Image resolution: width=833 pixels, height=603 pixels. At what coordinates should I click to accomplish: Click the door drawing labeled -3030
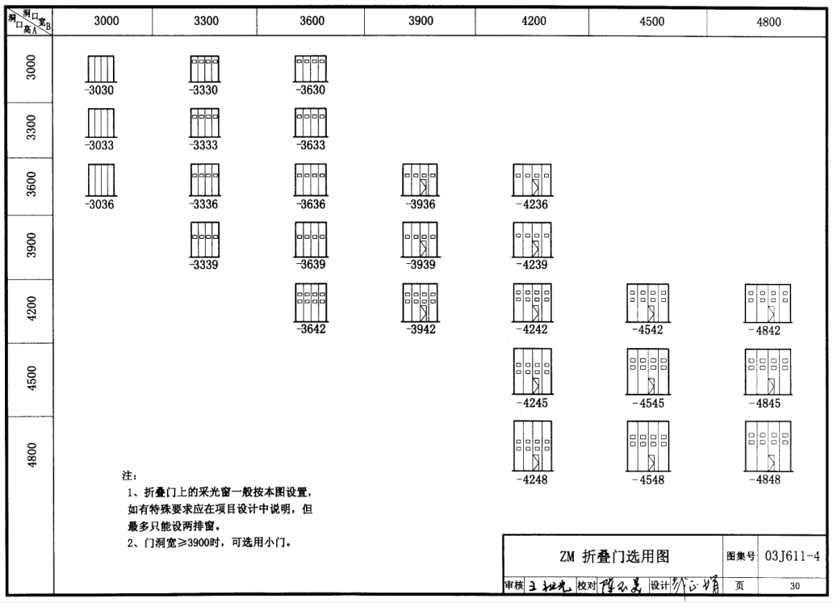click(x=101, y=69)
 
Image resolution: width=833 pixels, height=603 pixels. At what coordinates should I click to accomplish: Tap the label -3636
click(x=311, y=204)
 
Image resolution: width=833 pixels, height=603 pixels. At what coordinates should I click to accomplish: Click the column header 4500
click(x=651, y=22)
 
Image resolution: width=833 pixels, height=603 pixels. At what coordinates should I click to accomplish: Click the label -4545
click(x=650, y=403)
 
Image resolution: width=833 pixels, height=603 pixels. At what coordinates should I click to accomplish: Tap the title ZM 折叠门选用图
click(x=615, y=555)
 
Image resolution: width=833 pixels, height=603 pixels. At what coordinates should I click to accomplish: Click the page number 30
click(x=794, y=585)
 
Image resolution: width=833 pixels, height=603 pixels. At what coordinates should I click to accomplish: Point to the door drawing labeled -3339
click(x=205, y=240)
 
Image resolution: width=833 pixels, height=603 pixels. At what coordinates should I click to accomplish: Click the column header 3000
click(x=107, y=22)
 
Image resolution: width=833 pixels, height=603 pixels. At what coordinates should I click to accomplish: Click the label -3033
click(x=100, y=146)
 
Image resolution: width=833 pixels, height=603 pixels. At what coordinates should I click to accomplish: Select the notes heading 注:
click(x=129, y=475)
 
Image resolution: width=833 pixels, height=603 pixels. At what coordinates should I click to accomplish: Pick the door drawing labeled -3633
click(x=311, y=124)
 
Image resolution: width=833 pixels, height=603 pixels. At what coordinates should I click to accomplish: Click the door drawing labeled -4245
click(x=531, y=372)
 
